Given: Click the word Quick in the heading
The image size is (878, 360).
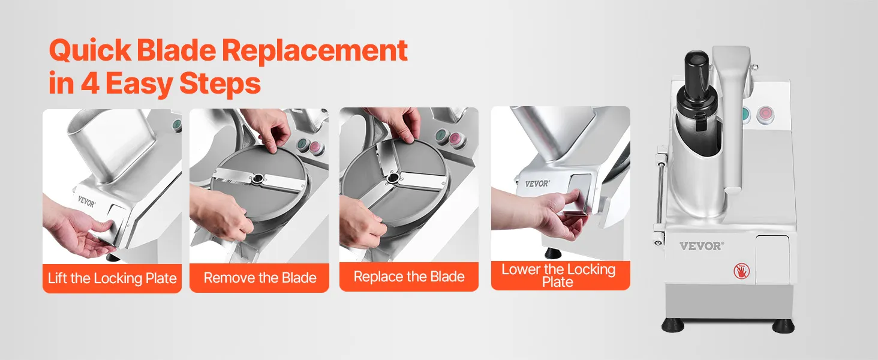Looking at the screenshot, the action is click(x=90, y=51).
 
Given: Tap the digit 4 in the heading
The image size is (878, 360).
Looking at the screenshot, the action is click(x=90, y=83).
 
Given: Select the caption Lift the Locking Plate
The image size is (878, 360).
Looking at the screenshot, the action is click(x=112, y=278).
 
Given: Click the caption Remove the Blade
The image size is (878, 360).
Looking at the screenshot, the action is click(x=260, y=278).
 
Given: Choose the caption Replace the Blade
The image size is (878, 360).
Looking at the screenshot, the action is click(x=409, y=277).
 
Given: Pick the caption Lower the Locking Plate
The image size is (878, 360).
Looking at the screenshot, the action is click(x=558, y=275).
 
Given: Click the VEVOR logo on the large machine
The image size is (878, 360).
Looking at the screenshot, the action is click(x=701, y=246).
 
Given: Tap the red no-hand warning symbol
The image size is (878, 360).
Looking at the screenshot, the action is click(x=742, y=271).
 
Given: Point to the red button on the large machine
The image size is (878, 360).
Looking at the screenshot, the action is click(x=765, y=115).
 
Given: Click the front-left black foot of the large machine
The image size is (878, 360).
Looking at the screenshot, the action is click(x=673, y=325).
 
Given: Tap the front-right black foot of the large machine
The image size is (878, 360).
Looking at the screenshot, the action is click(x=783, y=326).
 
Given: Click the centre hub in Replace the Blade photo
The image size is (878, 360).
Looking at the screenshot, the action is click(x=392, y=179).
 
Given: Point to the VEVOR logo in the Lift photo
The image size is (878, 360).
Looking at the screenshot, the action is click(x=86, y=202).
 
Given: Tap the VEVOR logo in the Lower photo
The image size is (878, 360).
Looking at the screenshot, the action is click(x=537, y=183).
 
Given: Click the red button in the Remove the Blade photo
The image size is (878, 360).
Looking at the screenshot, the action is click(x=315, y=147).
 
